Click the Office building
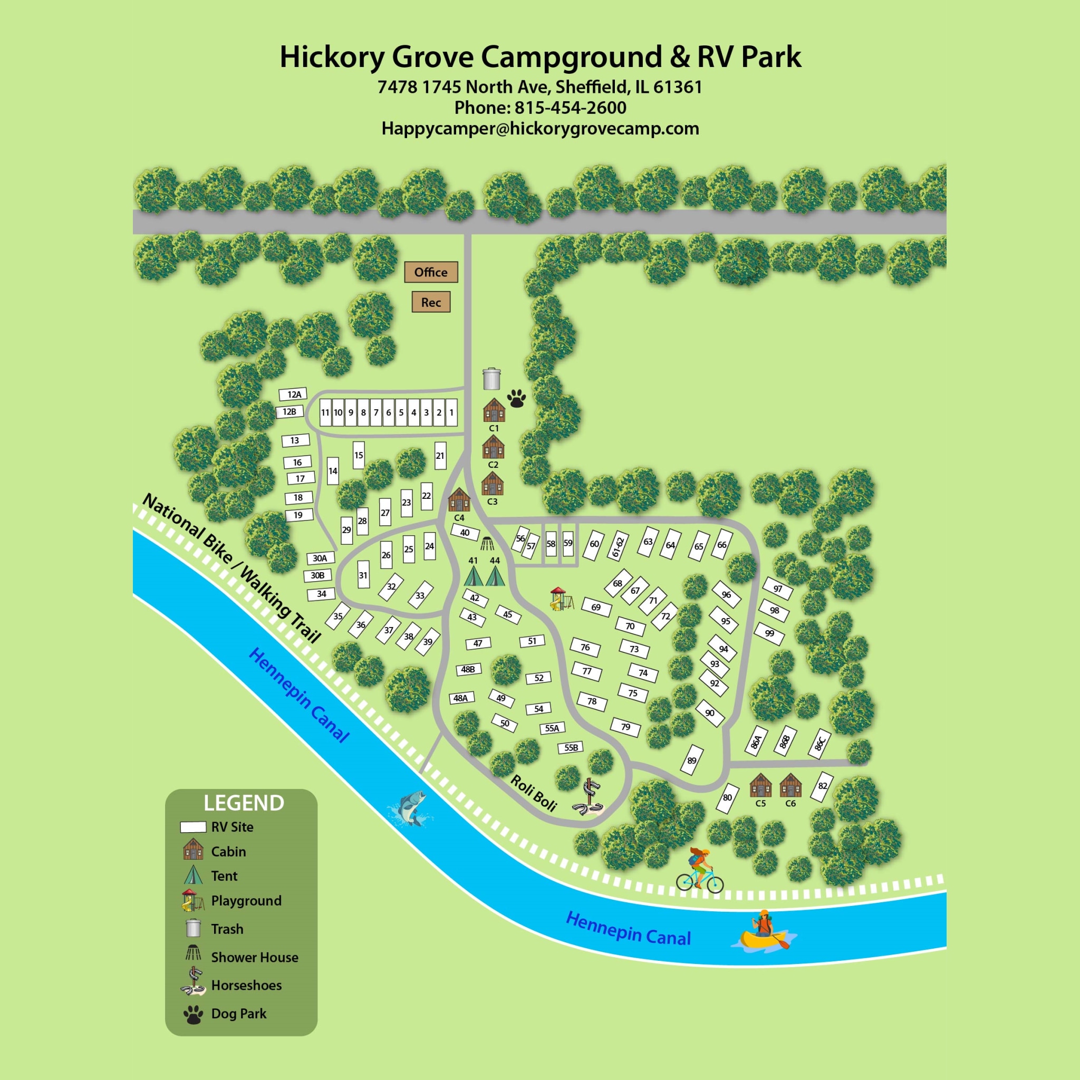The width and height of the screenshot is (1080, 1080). click(431, 272)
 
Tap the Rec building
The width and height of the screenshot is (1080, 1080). click(431, 302)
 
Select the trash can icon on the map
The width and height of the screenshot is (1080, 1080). click(491, 379)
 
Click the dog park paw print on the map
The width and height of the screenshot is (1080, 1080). click(516, 399)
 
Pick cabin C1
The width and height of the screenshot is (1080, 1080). click(494, 410)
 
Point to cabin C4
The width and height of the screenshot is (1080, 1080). click(459, 500)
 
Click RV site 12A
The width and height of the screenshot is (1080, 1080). click(294, 394)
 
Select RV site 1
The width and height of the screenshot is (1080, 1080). click(451, 413)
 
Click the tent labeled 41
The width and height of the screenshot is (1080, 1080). click(474, 576)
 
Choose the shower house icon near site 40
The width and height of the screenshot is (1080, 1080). click(487, 543)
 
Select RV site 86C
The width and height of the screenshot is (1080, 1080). click(819, 744)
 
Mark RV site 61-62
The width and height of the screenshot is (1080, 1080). click(618, 546)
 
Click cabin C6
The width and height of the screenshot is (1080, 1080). click(790, 785)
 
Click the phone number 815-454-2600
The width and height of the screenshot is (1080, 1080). click(570, 108)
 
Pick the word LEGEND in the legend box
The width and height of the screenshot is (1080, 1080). click(244, 803)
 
